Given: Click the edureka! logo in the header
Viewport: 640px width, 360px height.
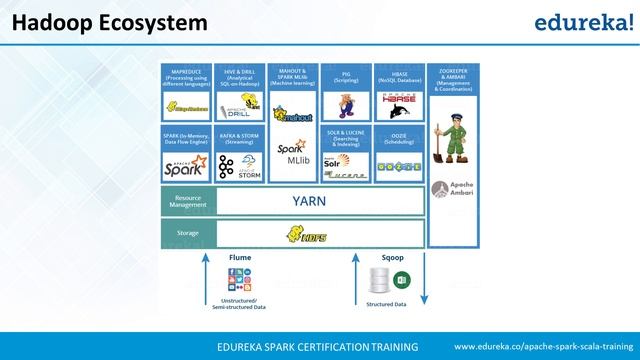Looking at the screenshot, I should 584,21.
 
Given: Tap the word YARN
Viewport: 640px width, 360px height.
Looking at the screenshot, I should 309,200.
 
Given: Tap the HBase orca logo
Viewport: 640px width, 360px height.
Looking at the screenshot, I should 398,103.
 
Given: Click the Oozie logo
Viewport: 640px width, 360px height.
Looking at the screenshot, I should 398,163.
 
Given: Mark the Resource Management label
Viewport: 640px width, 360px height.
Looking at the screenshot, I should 188,201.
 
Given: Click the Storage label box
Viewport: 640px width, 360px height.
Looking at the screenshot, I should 188,234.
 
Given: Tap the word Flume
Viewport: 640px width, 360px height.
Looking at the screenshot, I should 240,257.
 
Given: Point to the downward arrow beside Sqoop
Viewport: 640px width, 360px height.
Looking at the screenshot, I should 423,279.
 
